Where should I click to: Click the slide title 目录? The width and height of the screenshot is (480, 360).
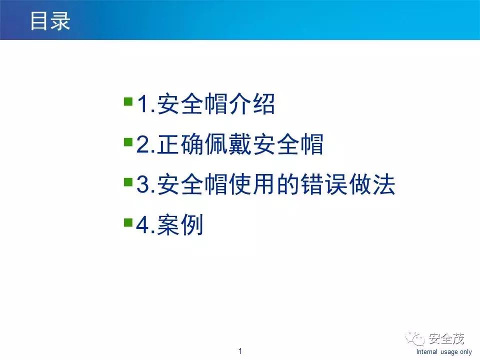[50, 20]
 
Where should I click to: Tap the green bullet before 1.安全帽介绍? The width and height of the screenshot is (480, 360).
[128, 102]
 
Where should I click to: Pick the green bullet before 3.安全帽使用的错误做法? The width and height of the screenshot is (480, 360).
[128, 181]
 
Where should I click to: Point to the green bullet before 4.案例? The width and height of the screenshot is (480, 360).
[128, 221]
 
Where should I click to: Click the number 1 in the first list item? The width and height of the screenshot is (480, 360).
[142, 106]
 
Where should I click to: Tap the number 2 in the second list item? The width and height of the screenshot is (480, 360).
[143, 146]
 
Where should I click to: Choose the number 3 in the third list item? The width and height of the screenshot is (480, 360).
[143, 186]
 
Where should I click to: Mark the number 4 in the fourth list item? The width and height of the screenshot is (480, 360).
[143, 226]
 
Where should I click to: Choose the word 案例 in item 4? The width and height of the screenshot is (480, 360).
[180, 226]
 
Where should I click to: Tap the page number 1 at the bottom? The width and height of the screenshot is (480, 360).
[240, 351]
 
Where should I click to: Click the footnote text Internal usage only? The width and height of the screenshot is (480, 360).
[443, 352]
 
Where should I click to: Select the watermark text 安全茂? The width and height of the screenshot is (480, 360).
[446, 339]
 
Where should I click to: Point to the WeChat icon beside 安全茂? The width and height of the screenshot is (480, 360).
[417, 339]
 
